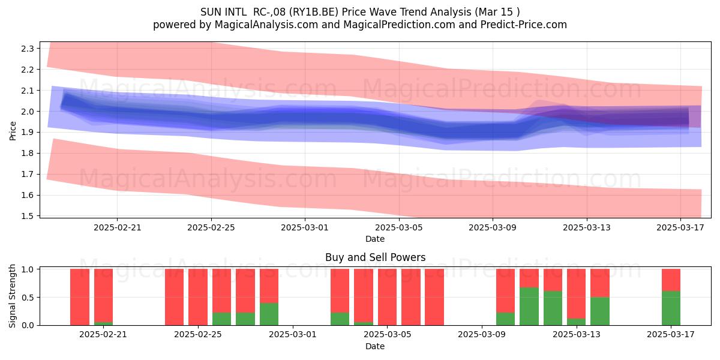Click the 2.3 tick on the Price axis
click(28, 49)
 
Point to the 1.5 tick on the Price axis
click(28, 215)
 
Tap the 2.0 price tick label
click(28, 111)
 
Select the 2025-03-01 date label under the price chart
click(305, 227)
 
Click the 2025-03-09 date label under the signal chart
click(481, 334)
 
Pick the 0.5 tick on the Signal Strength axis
click(28, 298)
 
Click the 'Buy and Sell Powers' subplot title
click(375, 257)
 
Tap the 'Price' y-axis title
click(13, 131)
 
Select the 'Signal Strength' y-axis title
click(12, 296)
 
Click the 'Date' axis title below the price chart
click(375, 239)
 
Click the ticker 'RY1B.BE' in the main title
click(313, 12)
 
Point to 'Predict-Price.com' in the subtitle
click(524, 25)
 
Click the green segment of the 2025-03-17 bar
click(671, 308)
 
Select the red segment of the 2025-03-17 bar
click(671, 280)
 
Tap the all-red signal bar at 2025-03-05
click(387, 297)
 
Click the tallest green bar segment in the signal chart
click(529, 307)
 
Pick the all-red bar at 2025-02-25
click(197, 297)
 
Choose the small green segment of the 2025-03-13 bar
click(576, 322)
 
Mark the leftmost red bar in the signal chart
click(80, 297)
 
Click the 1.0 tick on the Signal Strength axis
click(28, 269)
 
